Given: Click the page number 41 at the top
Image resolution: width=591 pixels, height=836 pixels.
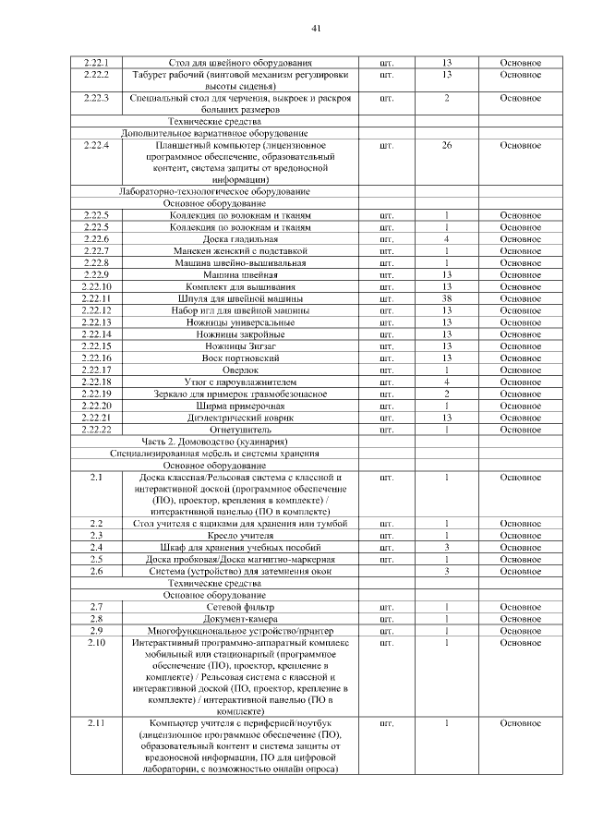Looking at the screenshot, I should tap(316, 30).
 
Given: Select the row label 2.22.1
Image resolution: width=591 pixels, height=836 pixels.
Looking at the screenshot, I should tap(96, 62).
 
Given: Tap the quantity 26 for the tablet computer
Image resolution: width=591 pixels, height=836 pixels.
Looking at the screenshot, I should tap(446, 145).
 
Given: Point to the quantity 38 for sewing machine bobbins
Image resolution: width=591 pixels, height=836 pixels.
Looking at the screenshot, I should tap(446, 298).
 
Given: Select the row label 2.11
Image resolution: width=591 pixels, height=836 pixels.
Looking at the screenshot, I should tap(96, 723).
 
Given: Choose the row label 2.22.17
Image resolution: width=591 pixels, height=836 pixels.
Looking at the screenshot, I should tap(96, 370).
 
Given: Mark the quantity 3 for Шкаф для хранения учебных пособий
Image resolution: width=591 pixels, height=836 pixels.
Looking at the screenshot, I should tap(446, 548).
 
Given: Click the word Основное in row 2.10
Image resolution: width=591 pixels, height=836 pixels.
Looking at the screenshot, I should tap(520, 642).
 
